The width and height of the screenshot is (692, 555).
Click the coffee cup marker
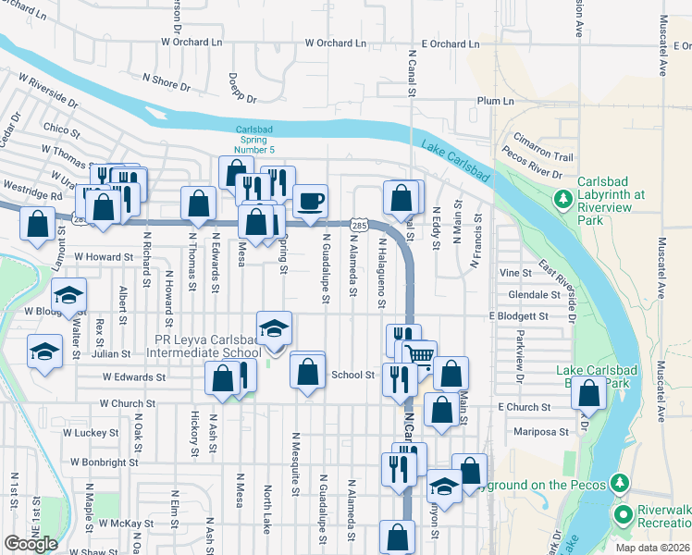[x=311, y=200]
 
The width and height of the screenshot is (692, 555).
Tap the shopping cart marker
[x=420, y=355]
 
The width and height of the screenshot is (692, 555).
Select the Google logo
[x=31, y=544]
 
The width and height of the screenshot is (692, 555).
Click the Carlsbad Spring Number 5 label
[x=254, y=139]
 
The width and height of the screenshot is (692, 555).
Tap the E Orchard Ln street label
[x=451, y=43]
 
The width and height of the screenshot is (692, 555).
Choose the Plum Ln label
[x=495, y=100]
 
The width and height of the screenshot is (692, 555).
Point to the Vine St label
[x=515, y=274]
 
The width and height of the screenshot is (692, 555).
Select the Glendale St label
[x=535, y=295]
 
